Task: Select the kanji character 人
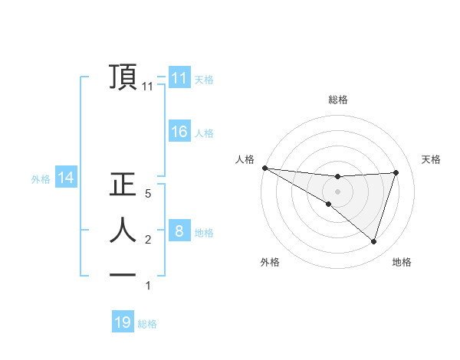123,229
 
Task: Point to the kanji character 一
123,275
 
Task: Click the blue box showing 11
179,78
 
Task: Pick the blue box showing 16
179,132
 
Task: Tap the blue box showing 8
179,231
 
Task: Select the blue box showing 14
66,178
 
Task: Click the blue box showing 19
123,322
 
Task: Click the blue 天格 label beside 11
204,80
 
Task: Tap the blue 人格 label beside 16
204,133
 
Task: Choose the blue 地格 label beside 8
204,233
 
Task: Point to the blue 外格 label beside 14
41,180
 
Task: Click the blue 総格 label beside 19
147,324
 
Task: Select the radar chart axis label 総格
338,100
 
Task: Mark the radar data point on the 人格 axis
264,168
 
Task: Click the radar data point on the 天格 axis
396,172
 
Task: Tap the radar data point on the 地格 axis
373,241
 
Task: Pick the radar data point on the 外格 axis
329,204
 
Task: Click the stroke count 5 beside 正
148,195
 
